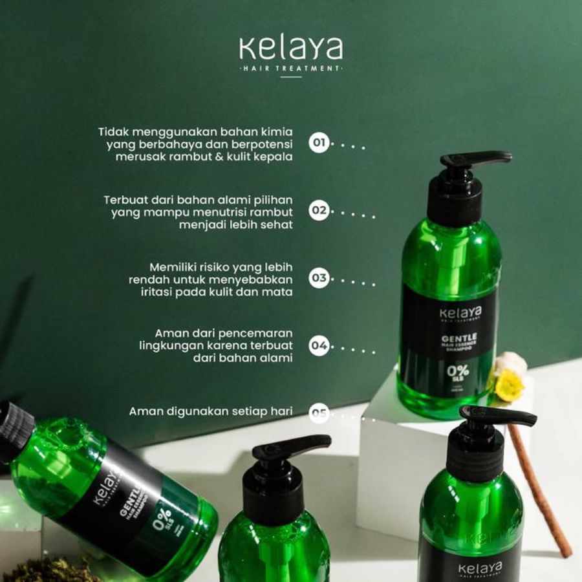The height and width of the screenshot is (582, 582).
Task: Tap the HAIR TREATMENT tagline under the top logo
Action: point(290,68)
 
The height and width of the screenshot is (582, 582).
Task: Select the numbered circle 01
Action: point(319,142)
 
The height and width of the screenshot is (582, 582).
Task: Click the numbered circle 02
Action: point(319,211)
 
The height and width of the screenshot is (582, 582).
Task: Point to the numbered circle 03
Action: point(319,279)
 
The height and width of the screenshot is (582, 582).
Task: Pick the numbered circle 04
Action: point(319,346)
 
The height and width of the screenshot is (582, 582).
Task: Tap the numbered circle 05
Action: point(319,412)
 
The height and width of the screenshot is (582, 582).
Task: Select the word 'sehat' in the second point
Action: point(277,225)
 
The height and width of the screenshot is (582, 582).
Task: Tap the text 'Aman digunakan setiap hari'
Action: point(211,411)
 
